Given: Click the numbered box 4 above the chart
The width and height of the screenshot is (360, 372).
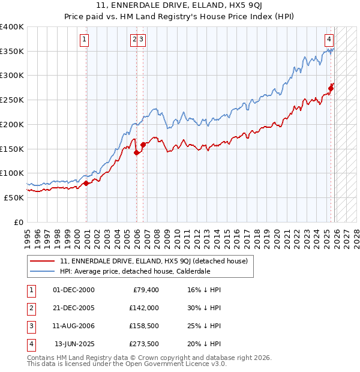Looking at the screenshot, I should click(329, 40).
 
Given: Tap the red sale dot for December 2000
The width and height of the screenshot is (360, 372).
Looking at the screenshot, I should click(86, 183).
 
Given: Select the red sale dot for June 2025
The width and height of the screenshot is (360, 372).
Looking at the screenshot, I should click(331, 88).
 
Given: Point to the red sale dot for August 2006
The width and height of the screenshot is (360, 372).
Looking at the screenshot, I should click(143, 145).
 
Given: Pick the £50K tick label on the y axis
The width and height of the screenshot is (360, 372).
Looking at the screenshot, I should click(14, 197).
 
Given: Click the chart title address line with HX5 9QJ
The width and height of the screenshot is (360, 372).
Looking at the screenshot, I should click(179, 7).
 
